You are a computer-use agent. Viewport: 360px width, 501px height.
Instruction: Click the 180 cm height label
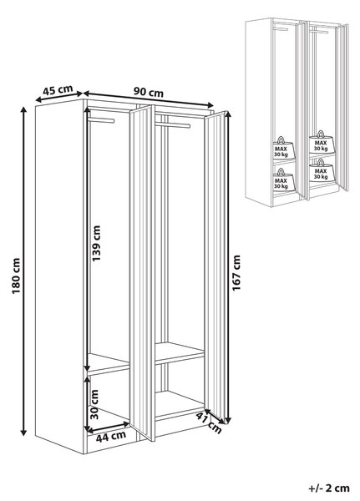pyautogui.click(x=16, y=276)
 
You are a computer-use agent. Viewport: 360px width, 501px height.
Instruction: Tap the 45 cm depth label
pyautogui.click(x=58, y=89)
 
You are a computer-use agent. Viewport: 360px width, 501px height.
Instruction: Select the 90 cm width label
pyautogui.click(x=149, y=92)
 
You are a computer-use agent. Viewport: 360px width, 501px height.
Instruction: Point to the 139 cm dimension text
pyautogui.click(x=96, y=243)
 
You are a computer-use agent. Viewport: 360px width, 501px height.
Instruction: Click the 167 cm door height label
pyautogui.click(x=236, y=272)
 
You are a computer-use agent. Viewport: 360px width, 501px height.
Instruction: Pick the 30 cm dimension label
pyautogui.click(x=94, y=404)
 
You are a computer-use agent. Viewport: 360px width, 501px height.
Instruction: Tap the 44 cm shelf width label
pyautogui.click(x=111, y=436)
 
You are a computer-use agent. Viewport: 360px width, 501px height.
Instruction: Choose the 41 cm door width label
pyautogui.click(x=209, y=423)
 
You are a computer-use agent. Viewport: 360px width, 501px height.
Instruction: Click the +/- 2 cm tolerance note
pyautogui.click(x=328, y=488)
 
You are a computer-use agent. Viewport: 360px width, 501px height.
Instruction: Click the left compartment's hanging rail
pyautogui.click(x=102, y=119)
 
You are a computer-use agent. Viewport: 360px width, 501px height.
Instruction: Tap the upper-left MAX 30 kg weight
pyautogui.click(x=281, y=149)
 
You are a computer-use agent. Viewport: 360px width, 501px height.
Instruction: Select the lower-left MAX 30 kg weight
pyautogui.click(x=281, y=180)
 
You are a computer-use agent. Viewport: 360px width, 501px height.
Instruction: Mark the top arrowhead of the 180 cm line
pyautogui.click(x=23, y=109)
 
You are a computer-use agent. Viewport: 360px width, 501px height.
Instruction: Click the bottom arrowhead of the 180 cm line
pyautogui.click(x=23, y=433)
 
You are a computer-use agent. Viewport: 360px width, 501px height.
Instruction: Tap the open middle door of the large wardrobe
pyautogui.click(x=142, y=272)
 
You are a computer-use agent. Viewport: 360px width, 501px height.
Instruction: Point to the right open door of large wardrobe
pyautogui.click(x=215, y=267)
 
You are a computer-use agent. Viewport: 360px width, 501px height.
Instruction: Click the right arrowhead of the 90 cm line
pyautogui.click(x=210, y=105)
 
